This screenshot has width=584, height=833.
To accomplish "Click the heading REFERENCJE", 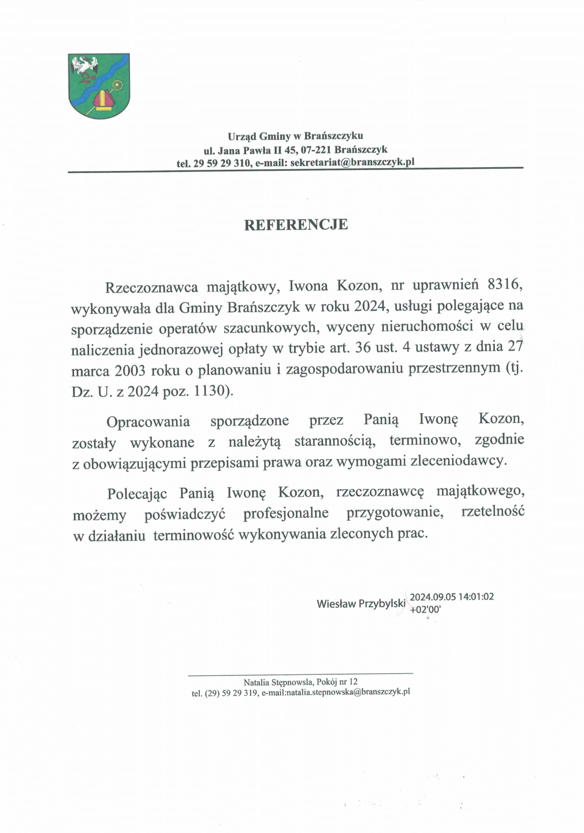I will coord(296,225).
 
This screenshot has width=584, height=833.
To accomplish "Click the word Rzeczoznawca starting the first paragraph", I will coord(151,287).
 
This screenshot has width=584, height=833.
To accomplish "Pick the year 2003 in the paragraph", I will coord(130,371).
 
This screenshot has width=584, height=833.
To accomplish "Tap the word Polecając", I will coord(137,494).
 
